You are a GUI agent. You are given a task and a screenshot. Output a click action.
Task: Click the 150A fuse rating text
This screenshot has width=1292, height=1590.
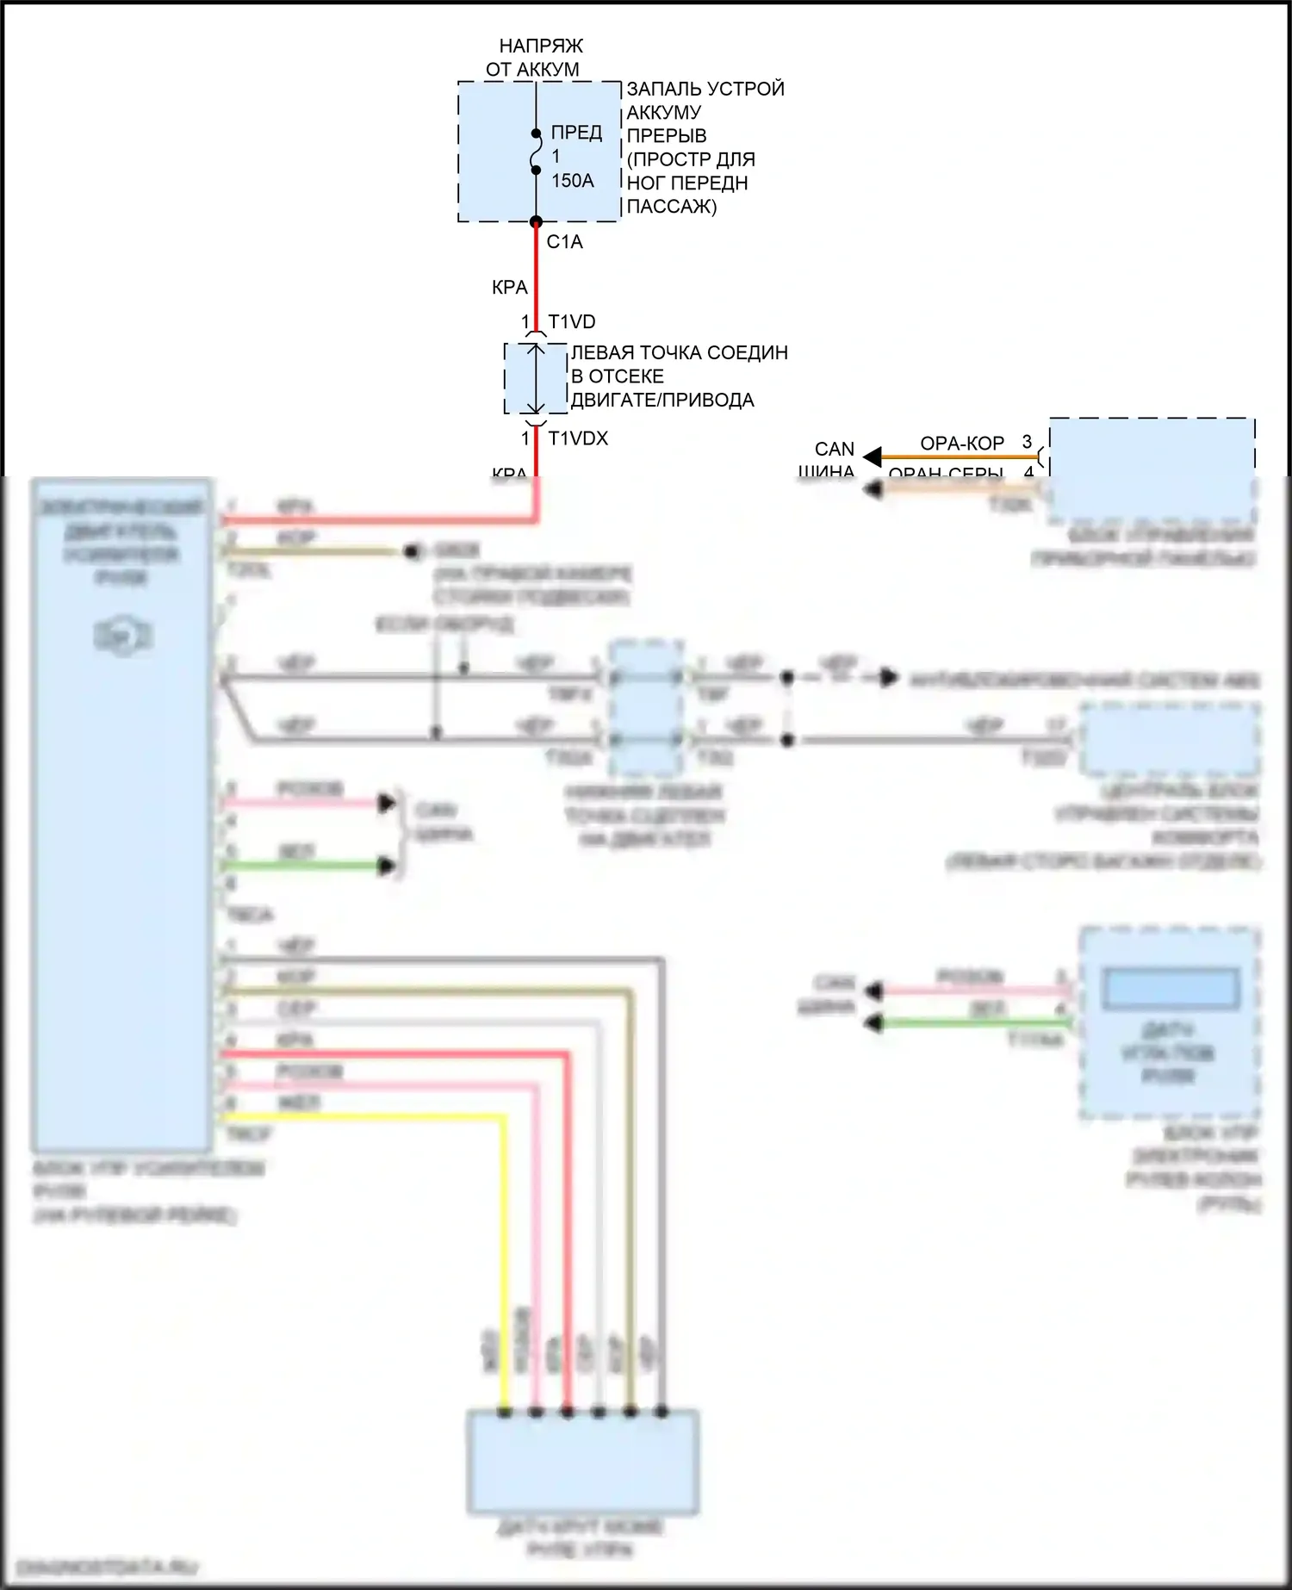[573, 181]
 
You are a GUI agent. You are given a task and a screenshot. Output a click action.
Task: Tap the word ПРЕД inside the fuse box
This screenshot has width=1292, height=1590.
[576, 133]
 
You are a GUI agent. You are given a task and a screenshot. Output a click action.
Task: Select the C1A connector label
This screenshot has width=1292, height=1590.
[564, 242]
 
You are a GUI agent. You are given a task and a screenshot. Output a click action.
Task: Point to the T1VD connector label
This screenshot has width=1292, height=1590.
[572, 322]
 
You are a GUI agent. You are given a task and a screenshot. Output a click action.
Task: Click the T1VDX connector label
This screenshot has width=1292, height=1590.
[578, 438]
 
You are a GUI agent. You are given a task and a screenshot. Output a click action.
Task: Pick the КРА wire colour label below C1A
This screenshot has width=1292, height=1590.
[509, 288]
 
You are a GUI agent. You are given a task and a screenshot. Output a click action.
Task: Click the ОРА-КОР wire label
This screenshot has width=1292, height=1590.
[962, 444]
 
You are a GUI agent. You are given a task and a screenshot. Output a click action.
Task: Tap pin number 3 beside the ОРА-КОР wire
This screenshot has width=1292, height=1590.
[1027, 442]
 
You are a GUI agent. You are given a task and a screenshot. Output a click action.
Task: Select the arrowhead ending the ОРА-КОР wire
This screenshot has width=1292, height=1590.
[873, 457]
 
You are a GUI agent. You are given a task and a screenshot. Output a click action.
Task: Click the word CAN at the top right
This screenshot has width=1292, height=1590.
[834, 450]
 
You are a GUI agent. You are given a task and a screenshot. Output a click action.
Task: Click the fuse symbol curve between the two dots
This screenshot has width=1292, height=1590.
[535, 152]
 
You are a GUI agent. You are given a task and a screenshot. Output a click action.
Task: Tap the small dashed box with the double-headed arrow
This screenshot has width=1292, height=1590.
[535, 379]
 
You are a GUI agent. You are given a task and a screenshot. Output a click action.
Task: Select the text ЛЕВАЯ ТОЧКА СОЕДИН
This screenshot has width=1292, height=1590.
[679, 353]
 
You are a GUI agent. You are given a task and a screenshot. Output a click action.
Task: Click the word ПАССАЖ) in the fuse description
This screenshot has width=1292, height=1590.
[671, 207]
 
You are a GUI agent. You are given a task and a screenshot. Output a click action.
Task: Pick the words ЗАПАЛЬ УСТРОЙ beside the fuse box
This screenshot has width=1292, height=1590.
[705, 89]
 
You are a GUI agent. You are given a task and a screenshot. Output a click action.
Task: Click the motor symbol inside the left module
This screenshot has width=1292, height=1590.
[122, 637]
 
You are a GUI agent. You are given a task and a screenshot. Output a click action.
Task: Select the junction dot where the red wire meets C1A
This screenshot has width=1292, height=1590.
[535, 222]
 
